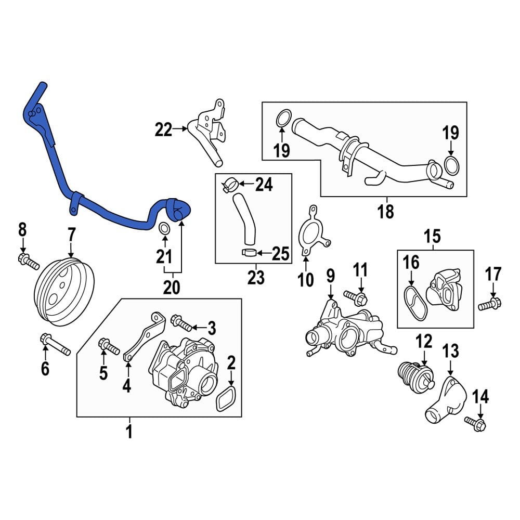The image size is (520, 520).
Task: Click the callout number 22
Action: point(163,129)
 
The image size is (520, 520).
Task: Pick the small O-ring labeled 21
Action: point(163,229)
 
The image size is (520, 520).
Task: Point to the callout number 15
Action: point(432,237)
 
